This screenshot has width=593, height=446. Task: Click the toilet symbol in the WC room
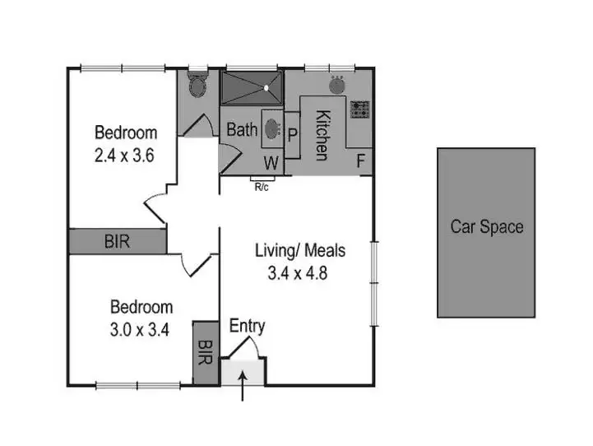tap(197, 84)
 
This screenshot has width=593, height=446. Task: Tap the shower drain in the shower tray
tap(267, 85)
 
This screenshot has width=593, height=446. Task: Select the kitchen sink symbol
tap(337, 84)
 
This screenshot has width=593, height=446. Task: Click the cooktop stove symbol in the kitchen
tap(360, 108)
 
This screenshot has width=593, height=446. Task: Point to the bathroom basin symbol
tap(271, 129)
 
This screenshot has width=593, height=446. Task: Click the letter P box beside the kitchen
tap(292, 132)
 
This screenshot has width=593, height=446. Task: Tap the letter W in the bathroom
tap(270, 162)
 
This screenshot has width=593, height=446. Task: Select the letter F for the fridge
tap(360, 161)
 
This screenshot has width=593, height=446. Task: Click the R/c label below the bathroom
tap(262, 186)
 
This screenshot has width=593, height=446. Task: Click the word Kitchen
tap(322, 136)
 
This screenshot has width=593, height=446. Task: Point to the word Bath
tap(242, 129)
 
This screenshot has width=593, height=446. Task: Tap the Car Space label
tap(486, 226)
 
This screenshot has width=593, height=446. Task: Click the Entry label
tap(247, 327)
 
